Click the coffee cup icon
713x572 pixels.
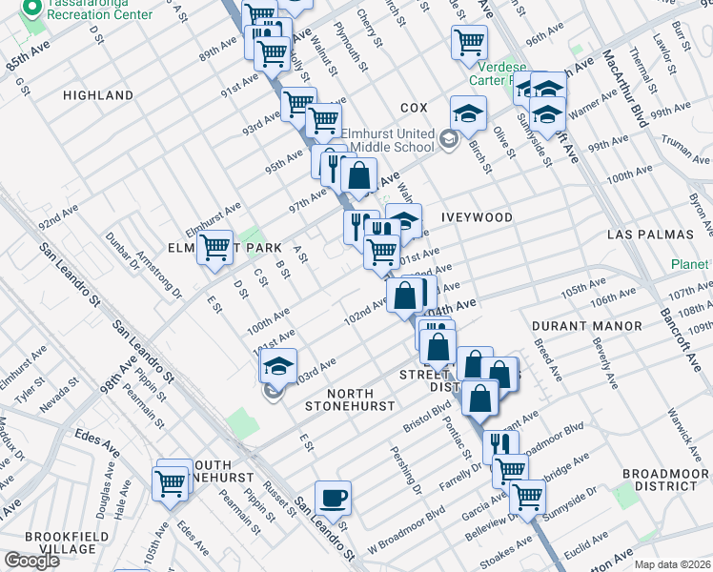pos(333,498)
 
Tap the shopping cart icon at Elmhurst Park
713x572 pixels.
pos(215,248)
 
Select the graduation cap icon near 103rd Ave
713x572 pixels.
pos(278,366)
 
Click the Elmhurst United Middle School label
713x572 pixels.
pos(393,141)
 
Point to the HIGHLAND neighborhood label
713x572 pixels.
pos(98,96)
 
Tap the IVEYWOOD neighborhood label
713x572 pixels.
pos(477,218)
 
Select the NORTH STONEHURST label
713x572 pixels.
pos(349,399)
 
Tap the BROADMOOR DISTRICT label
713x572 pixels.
pos(660,480)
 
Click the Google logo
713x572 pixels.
pos(31,561)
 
